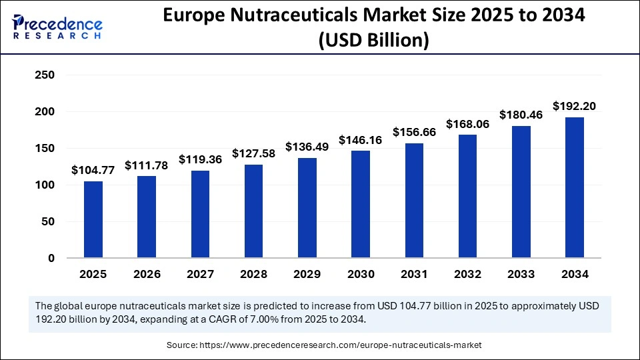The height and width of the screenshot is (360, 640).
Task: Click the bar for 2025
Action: [x=93, y=219]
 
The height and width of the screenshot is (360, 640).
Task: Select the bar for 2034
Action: [x=574, y=187]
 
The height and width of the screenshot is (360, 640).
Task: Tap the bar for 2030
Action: [x=361, y=204]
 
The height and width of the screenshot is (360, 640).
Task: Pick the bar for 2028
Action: [x=253, y=211]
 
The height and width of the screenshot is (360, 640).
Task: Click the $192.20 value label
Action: [x=574, y=106]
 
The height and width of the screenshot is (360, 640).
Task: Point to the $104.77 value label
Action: [x=93, y=170]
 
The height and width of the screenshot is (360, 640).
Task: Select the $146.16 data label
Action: [x=361, y=140]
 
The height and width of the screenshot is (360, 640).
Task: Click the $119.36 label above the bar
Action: [x=200, y=159]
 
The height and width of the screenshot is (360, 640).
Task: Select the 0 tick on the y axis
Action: [x=50, y=258]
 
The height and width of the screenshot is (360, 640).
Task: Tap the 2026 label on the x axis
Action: [x=147, y=274]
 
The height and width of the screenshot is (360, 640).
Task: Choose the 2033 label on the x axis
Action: [x=521, y=274]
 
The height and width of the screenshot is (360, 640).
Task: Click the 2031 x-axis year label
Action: [x=414, y=274]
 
